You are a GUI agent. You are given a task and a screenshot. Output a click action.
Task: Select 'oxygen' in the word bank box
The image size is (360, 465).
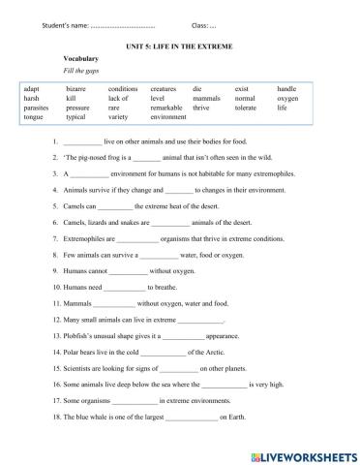coord(287,98)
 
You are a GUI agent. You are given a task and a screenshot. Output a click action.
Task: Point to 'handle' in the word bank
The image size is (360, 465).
coord(287,88)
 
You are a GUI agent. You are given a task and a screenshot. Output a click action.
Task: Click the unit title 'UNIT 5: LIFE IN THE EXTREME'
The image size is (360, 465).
coord(180,46)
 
